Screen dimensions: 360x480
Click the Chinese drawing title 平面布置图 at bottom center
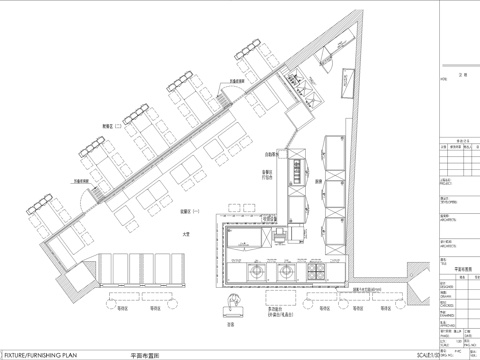[147, 354]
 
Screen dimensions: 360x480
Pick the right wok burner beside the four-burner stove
[288, 270]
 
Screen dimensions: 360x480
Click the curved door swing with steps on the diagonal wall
[228, 93]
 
